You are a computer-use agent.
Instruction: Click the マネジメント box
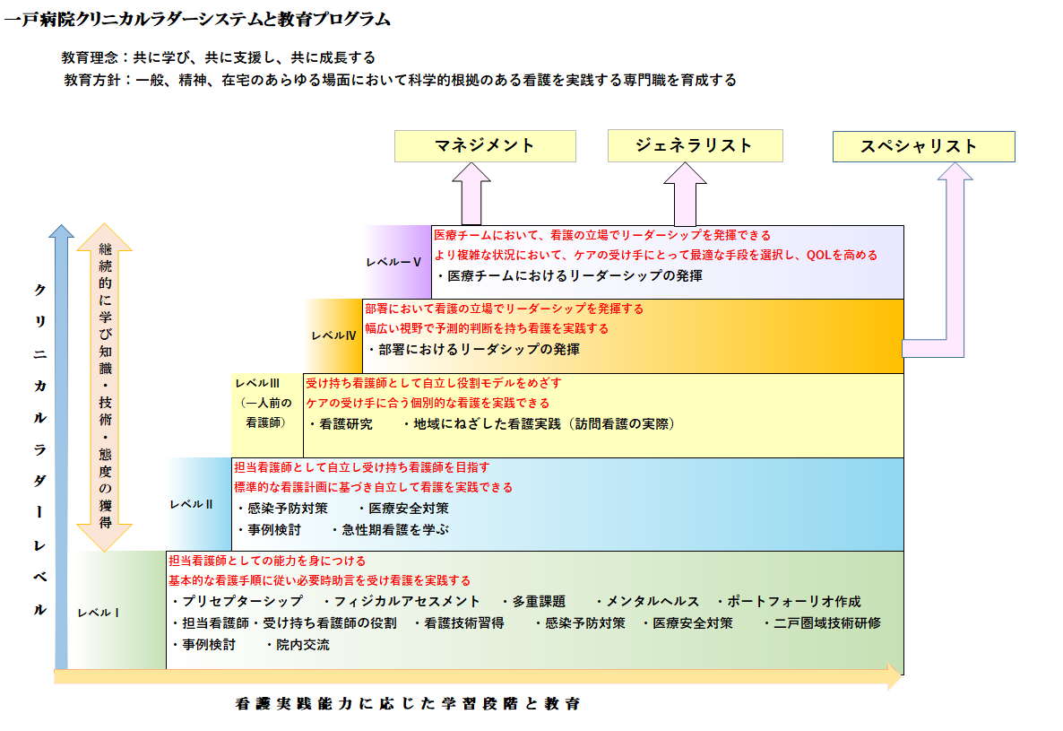485,146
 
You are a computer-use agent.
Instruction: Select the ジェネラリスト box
695,146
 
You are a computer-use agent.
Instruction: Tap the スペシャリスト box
923,146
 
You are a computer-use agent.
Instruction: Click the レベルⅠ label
99,613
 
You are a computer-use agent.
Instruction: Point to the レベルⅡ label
191,504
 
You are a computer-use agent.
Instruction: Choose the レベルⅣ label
333,335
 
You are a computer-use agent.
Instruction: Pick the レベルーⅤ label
393,262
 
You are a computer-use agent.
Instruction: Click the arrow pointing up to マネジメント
471,193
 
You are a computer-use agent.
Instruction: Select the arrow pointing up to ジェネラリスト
685,194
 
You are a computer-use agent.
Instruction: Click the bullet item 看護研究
341,424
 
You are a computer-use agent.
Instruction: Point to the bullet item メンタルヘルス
647,602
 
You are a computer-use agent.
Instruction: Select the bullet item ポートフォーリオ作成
789,602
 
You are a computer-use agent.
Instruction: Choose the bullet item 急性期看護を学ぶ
390,529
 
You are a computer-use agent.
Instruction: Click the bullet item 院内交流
298,645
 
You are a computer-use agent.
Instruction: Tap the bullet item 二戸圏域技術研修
822,623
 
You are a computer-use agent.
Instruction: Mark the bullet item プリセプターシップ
237,602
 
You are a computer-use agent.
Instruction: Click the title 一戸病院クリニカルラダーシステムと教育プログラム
197,19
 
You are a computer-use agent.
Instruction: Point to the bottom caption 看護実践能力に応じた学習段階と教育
408,704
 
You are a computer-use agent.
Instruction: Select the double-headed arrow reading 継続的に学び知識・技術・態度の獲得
104,387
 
